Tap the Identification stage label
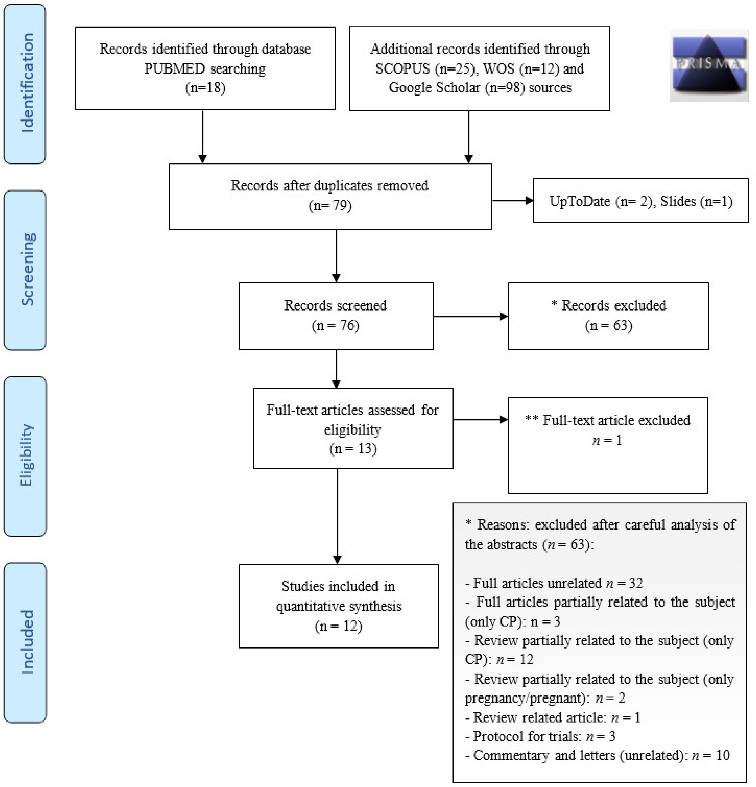point(27,83)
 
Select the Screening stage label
point(27,269)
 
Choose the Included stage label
point(27,642)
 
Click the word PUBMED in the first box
point(174,69)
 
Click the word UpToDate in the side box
point(579,201)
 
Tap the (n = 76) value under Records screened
point(335,325)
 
